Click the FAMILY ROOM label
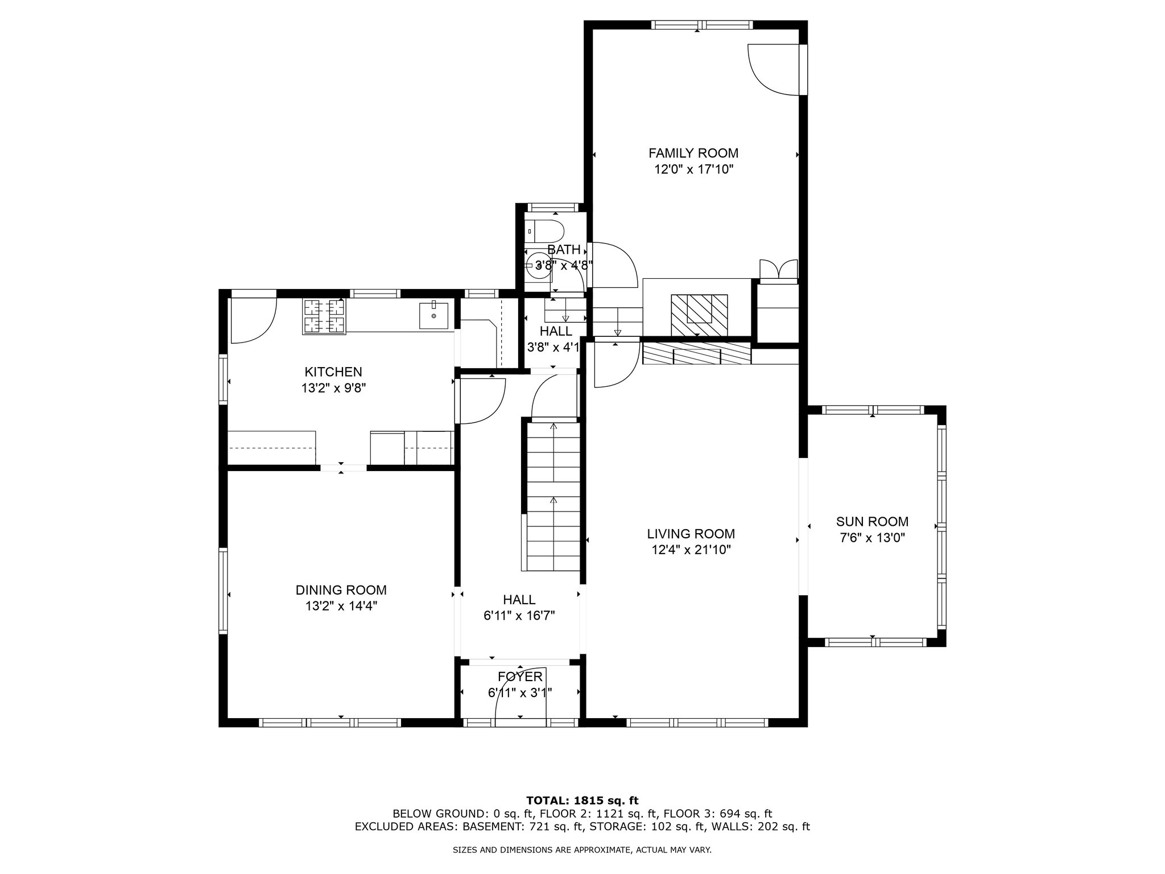693,153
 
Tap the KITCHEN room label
333,372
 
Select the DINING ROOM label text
341,590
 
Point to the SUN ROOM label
872,521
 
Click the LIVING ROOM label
691,534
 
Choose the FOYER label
520,677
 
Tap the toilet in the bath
545,232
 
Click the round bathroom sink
537,266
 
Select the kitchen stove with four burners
325,316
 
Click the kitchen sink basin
434,316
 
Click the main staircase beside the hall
553,495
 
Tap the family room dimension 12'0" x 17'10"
693,170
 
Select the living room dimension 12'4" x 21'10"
691,550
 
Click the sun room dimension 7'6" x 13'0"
872,538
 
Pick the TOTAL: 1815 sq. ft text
582,801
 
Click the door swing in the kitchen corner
253,320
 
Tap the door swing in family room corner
774,70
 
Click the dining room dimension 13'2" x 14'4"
341,607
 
